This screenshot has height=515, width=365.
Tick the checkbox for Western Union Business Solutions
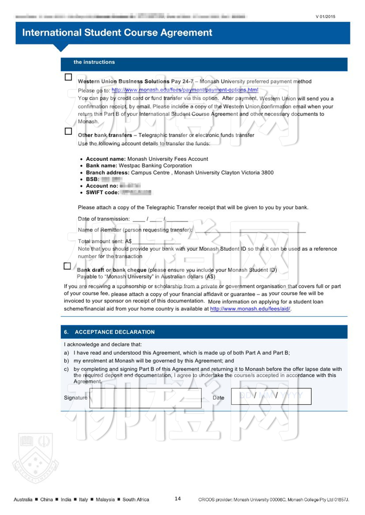coord(68,77)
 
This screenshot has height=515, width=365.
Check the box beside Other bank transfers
coord(68,131)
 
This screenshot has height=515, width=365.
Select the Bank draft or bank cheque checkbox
coord(67,266)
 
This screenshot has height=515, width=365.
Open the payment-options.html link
coord(185,90)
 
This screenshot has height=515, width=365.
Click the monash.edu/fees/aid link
coord(250,309)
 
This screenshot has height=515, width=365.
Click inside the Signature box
coord(145,398)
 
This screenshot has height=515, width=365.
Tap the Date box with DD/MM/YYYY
coord(271,396)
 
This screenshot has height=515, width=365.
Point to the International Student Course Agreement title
coord(117,33)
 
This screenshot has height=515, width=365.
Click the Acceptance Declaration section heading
coord(114,332)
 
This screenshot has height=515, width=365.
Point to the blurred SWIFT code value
coord(137,192)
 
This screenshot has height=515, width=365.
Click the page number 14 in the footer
coord(178,499)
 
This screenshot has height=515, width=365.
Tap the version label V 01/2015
coord(325,17)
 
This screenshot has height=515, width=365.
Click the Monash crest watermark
coord(35,458)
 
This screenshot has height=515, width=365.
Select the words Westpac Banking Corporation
coord(155,166)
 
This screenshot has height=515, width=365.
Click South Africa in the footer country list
coord(136,499)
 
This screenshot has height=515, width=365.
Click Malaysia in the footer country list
coord(105,499)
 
